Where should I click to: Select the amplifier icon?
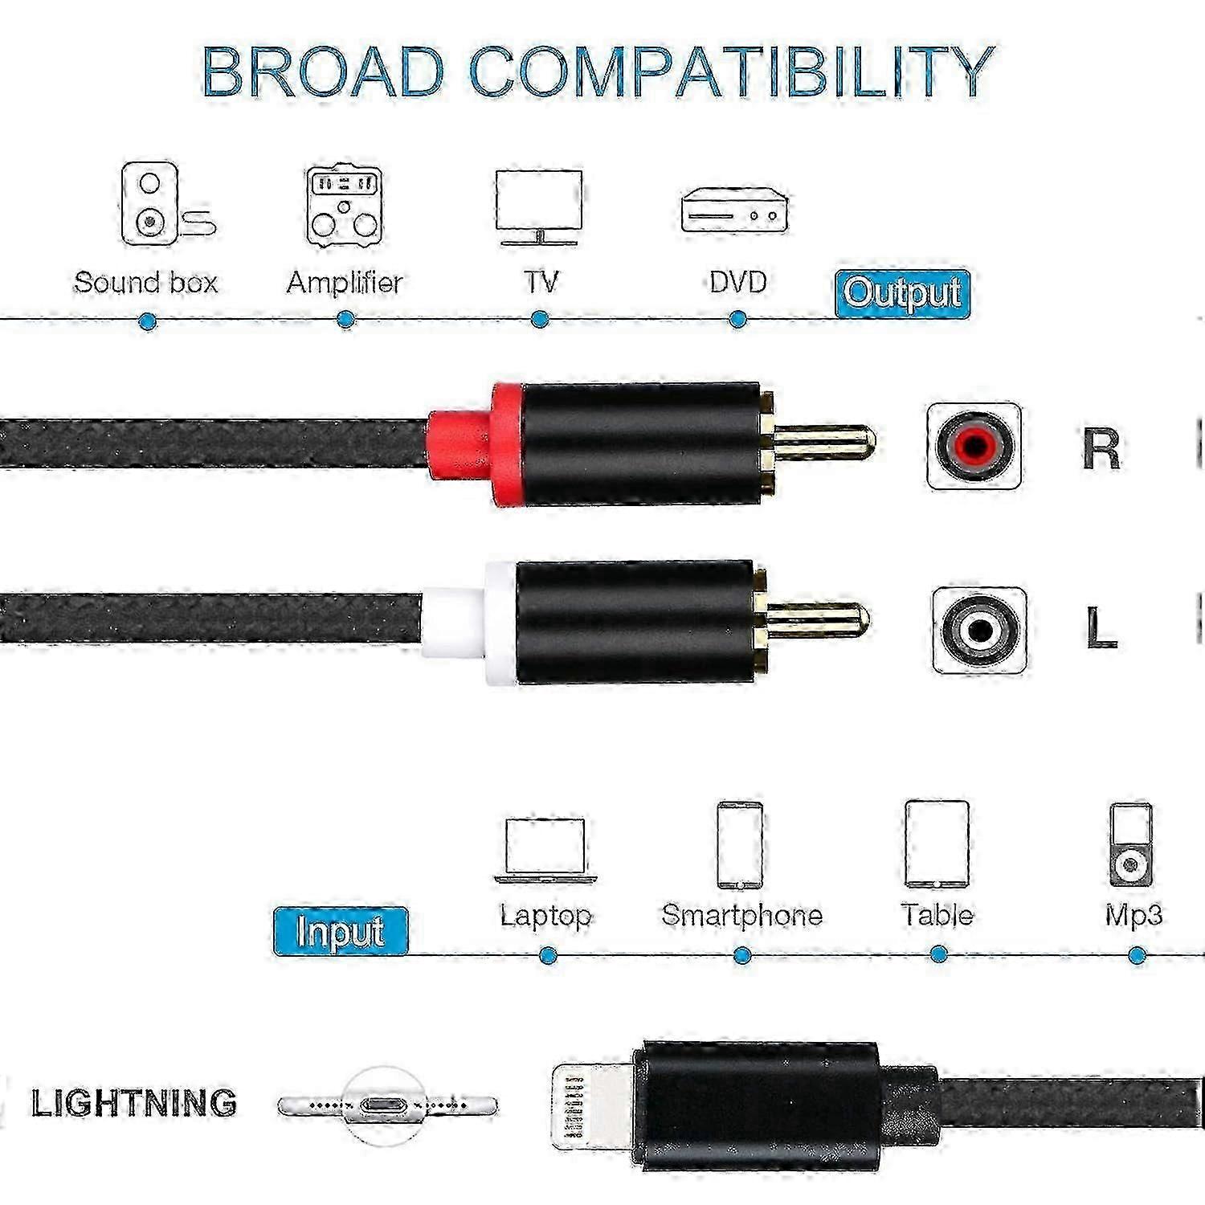344,206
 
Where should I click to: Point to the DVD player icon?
734,210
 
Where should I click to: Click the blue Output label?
902,293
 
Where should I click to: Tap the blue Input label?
341,931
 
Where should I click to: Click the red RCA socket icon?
974,446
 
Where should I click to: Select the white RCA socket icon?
979,631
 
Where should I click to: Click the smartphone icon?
740,845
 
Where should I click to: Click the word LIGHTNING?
134,1103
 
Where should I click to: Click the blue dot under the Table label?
937,955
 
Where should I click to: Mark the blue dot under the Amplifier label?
345,320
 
